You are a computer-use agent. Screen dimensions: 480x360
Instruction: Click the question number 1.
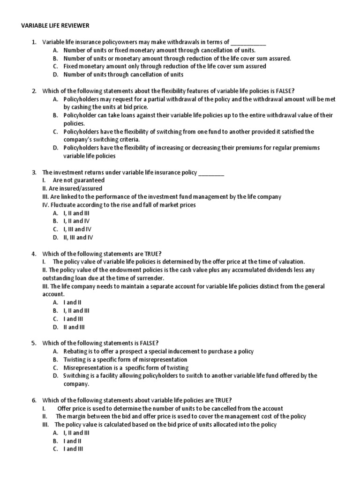[x=34, y=42]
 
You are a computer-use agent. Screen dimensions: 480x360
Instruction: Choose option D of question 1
[x=118, y=75]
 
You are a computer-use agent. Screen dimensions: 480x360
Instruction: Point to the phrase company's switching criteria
[x=101, y=139]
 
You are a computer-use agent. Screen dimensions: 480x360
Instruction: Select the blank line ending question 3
[x=211, y=172]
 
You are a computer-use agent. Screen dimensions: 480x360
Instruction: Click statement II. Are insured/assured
[x=72, y=188]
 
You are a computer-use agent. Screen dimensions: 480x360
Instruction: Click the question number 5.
[x=34, y=343]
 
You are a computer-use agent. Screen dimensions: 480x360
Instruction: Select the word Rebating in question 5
[x=75, y=352]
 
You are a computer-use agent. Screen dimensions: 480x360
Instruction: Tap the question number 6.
[x=34, y=400]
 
